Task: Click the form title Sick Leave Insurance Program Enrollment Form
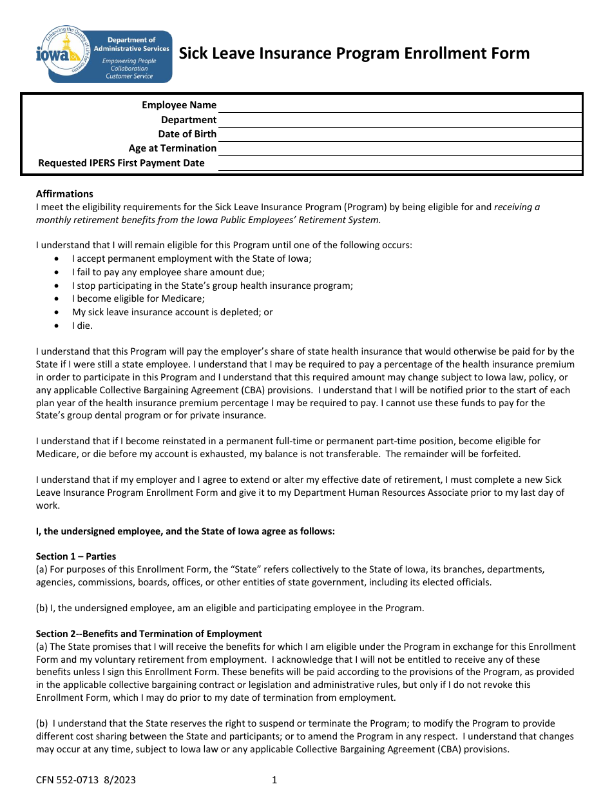tap(354, 54)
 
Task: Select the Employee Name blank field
tap(399, 105)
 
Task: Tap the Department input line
tap(399, 120)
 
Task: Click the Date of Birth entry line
tap(399, 134)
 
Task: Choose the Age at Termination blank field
tap(399, 148)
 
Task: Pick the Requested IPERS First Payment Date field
tap(399, 163)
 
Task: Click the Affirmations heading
tap(64, 194)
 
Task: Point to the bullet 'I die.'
tap(82, 326)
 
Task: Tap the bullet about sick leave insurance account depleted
tap(172, 312)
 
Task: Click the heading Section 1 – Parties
tap(76, 556)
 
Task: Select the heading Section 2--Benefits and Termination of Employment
tap(149, 634)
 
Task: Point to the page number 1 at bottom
tap(274, 780)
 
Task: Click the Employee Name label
tap(179, 105)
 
